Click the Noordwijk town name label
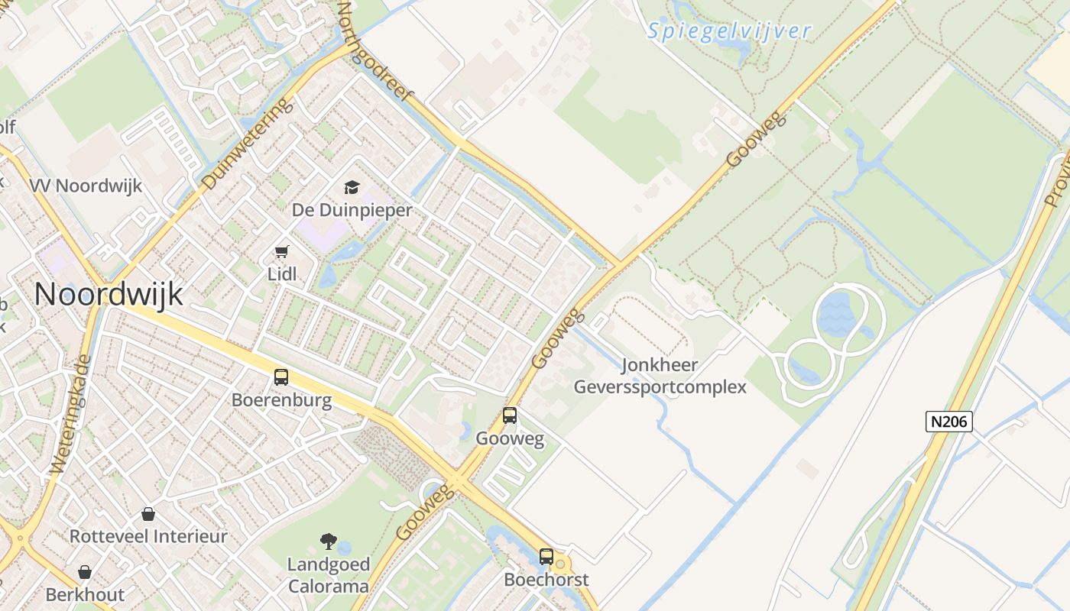pyautogui.click(x=109, y=294)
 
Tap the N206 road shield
pyautogui.click(x=948, y=421)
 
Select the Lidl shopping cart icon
pyautogui.click(x=282, y=251)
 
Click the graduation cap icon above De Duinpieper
pyautogui.click(x=352, y=187)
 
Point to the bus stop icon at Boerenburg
pyautogui.click(x=281, y=377)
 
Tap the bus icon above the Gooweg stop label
pyautogui.click(x=510, y=415)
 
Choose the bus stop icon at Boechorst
pyautogui.click(x=546, y=556)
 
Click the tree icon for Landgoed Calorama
pyautogui.click(x=329, y=541)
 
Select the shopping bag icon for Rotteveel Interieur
pyautogui.click(x=148, y=514)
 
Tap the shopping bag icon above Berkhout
pyautogui.click(x=85, y=572)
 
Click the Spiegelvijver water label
pyautogui.click(x=728, y=31)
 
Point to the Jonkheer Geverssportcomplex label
pyautogui.click(x=660, y=376)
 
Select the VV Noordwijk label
pyautogui.click(x=86, y=186)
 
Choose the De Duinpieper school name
pyautogui.click(x=352, y=210)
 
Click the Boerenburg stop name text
pyautogui.click(x=281, y=400)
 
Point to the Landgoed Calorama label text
pyautogui.click(x=328, y=576)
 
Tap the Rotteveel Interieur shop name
pyautogui.click(x=148, y=536)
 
